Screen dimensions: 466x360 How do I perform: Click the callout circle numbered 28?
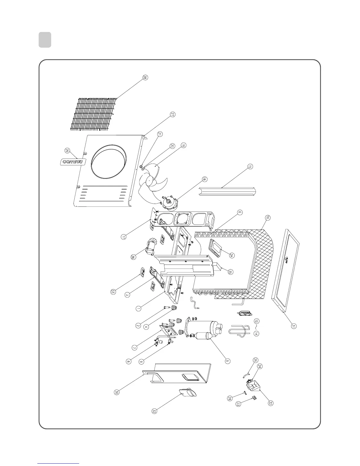tap(145, 77)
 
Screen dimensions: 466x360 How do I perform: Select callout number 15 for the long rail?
tap(250, 167)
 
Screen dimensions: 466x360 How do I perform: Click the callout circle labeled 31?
tap(294, 326)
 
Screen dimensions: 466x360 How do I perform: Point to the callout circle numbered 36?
tap(134, 257)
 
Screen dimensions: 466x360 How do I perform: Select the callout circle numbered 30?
tap(117, 392)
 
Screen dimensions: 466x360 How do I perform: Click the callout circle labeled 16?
tap(267, 218)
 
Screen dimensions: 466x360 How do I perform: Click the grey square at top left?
tap(45, 40)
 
